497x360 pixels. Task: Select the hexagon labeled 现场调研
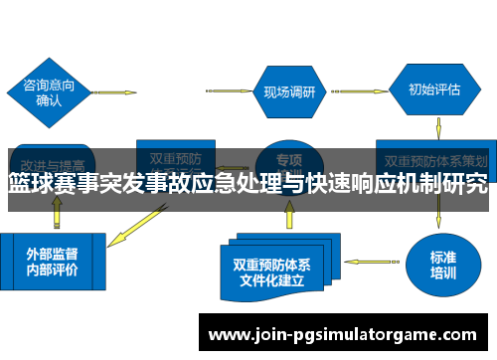[288, 91]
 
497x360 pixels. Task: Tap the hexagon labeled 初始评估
[434, 90]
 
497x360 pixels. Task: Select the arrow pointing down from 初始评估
[438, 128]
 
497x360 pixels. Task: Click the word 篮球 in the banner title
[31, 184]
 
